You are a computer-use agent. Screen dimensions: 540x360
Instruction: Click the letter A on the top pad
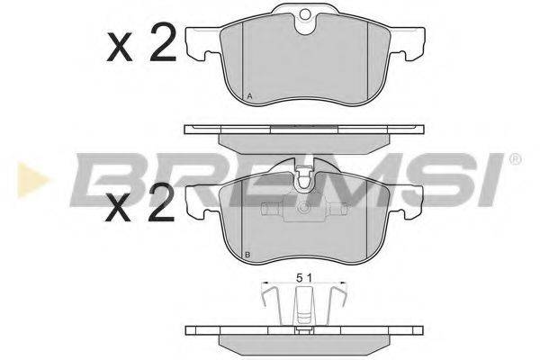250,96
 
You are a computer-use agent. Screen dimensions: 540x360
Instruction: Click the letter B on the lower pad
247,256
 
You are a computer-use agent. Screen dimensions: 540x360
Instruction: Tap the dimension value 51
304,278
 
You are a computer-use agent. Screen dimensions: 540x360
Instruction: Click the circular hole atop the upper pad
305,14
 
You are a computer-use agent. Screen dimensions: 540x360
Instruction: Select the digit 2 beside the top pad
163,42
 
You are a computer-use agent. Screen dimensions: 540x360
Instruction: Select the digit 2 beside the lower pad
161,202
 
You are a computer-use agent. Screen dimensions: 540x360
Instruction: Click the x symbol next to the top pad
120,47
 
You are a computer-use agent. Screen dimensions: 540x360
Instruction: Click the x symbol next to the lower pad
118,207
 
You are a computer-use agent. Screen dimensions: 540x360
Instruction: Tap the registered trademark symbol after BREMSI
515,159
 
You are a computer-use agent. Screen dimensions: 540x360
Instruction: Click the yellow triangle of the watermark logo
32,180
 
